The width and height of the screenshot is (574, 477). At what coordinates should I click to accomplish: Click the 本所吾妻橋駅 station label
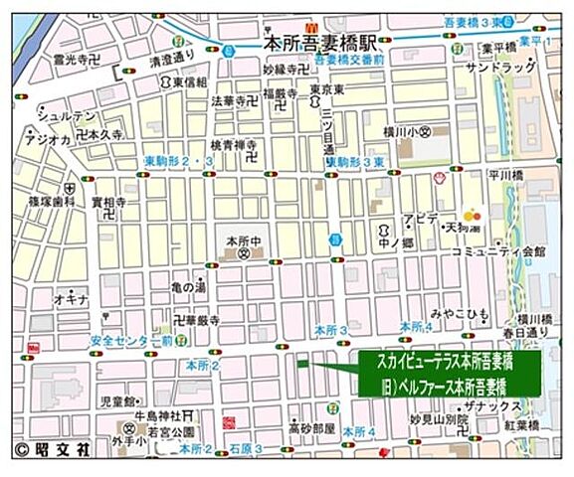321,44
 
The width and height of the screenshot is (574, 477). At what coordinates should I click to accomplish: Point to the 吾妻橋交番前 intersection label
349,59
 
